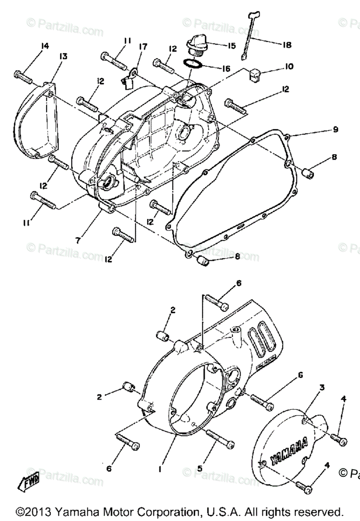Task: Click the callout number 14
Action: point(45,46)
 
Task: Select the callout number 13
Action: point(63,56)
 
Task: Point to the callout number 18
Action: point(286,45)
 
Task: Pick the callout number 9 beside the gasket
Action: point(335,129)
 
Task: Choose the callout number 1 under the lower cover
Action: point(160,469)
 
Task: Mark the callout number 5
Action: point(200,468)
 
